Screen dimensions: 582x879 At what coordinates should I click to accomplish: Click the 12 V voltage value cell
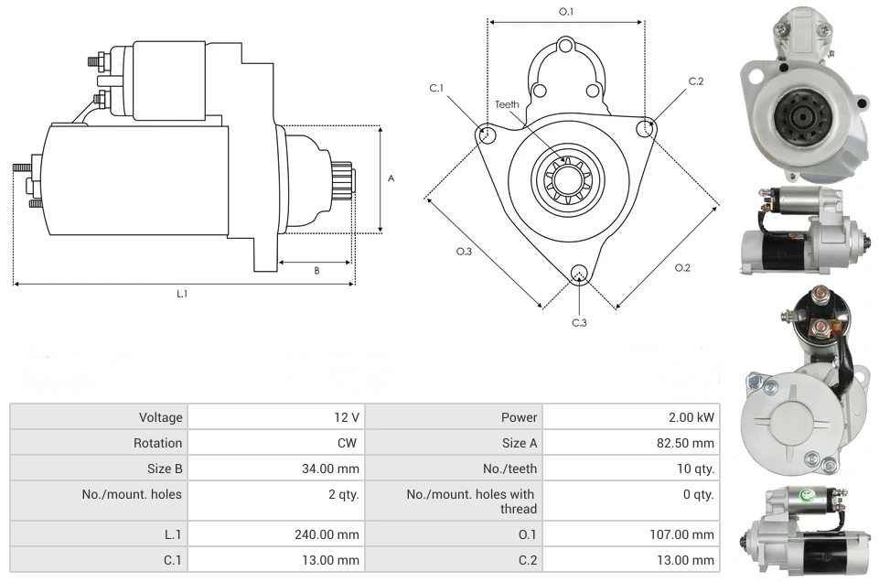(x=346, y=417)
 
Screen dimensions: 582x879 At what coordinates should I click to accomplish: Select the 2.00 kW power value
(x=691, y=417)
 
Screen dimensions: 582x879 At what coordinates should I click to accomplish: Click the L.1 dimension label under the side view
(x=182, y=294)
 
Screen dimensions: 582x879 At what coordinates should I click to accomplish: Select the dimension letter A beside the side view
(x=391, y=178)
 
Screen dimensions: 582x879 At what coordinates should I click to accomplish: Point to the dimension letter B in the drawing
(x=316, y=270)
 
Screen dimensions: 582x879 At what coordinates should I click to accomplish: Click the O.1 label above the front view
(x=566, y=12)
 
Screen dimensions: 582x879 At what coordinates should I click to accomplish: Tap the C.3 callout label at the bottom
(x=579, y=322)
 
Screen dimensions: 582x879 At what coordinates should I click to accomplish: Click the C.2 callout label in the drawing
(x=696, y=81)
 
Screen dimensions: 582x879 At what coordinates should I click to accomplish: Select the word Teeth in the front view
(x=507, y=104)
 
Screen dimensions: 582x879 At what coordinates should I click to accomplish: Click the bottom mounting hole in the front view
(x=578, y=274)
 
